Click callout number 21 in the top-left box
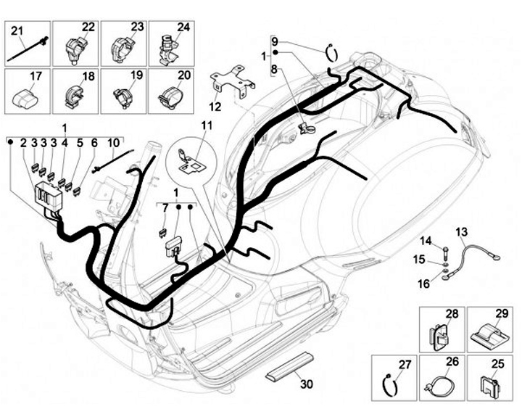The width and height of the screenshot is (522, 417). [17, 30]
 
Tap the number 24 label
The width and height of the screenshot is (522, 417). [183, 28]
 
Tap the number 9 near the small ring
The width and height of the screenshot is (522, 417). [274, 41]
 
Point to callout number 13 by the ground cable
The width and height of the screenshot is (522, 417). [461, 231]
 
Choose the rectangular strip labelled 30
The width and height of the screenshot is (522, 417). [289, 367]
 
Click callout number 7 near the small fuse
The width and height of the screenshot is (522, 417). [165, 208]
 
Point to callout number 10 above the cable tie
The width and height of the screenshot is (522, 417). [115, 143]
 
